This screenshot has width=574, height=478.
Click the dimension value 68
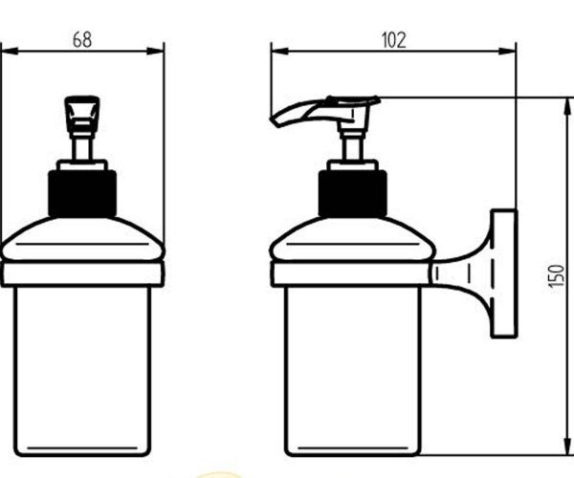(x=82, y=40)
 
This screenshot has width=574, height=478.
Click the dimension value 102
(x=394, y=40)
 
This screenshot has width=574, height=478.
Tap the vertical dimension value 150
(x=557, y=276)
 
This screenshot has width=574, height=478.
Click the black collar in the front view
(x=82, y=194)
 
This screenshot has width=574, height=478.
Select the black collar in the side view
(x=352, y=194)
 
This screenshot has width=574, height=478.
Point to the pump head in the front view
(x=82, y=112)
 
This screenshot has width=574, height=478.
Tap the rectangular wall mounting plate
(x=504, y=273)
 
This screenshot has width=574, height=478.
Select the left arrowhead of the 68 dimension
(x=10, y=52)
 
